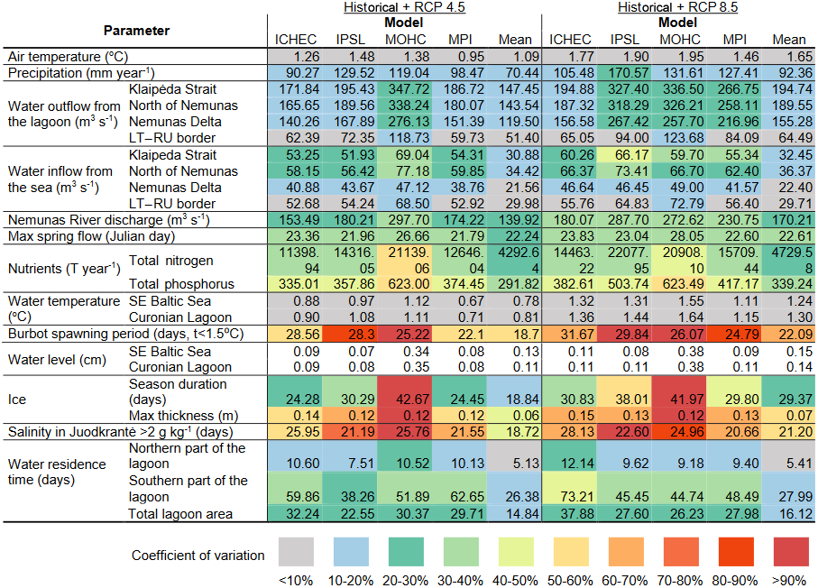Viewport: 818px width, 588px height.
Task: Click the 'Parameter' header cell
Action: (135, 31)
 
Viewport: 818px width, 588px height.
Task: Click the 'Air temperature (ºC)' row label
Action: (62, 56)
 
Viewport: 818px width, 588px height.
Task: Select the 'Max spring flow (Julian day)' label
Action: (88, 236)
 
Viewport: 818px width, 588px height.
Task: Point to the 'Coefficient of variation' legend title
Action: (198, 555)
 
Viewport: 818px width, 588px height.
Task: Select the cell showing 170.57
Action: (630, 72)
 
